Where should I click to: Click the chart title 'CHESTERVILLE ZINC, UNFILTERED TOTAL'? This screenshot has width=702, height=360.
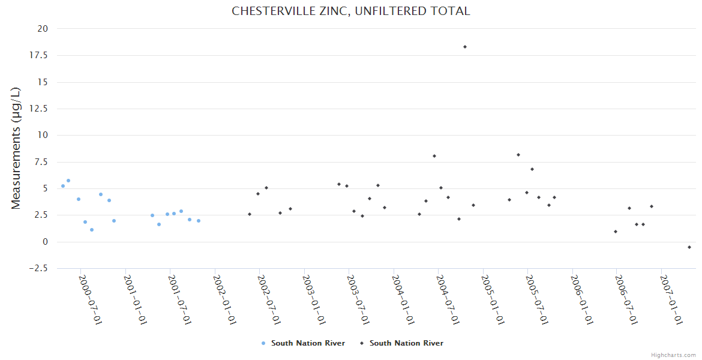(350, 11)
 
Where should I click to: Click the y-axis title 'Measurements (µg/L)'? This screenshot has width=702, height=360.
(16, 148)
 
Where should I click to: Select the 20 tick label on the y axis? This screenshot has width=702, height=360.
(43, 28)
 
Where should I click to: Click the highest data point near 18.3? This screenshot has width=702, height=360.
(464, 47)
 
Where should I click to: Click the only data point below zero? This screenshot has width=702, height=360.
(689, 247)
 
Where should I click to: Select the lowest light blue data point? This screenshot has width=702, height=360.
(92, 230)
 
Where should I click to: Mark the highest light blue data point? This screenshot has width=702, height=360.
(68, 181)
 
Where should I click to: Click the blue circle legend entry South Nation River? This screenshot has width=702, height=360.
(303, 343)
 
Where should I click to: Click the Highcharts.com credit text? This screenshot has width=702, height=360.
(673, 355)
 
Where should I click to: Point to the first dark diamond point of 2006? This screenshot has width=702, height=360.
(616, 232)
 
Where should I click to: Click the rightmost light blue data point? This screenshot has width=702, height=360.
(199, 221)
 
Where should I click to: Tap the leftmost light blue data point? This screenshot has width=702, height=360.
(63, 186)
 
